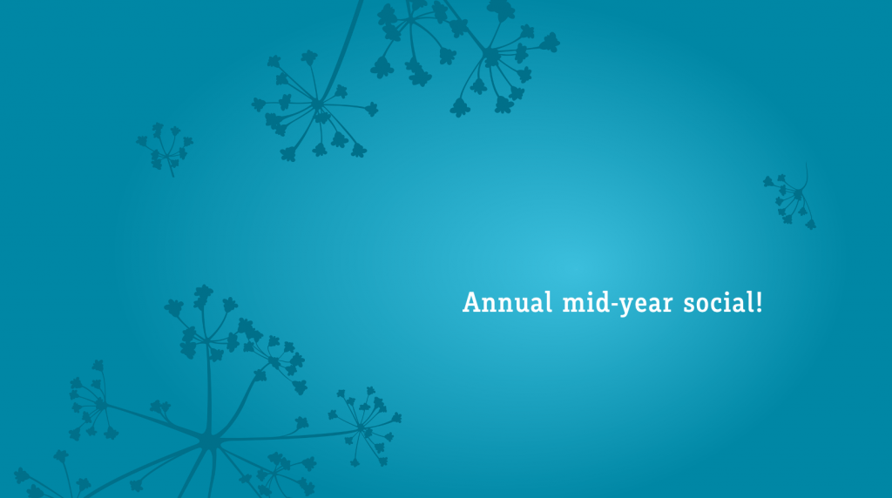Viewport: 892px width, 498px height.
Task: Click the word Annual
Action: tap(508, 302)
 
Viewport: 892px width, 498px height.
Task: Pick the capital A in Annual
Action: tap(472, 302)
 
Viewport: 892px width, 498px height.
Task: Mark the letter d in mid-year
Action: tap(601, 302)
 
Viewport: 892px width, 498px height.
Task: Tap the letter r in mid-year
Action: tap(666, 305)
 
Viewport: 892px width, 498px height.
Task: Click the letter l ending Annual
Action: tap(549, 302)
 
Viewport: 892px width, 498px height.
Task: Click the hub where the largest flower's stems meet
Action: tap(208, 441)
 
